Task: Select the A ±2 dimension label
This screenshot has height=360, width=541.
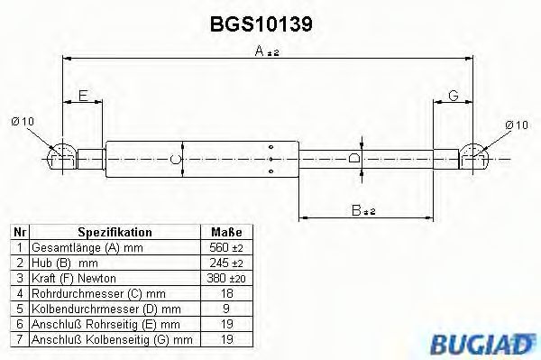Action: [267, 53]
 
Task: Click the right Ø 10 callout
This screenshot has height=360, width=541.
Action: [517, 124]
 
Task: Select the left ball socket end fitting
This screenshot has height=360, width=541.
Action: [61, 157]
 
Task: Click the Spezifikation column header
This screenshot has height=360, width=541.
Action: [115, 232]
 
